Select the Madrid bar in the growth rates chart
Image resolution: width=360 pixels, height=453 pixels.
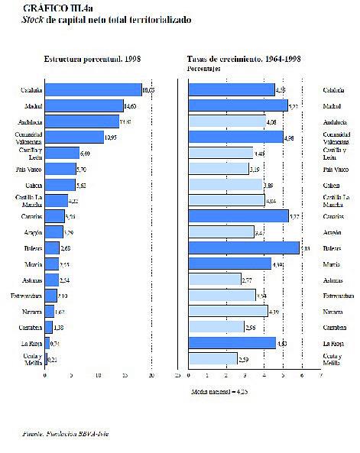[x=238, y=106]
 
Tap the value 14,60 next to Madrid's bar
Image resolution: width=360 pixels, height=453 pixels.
[x=130, y=106]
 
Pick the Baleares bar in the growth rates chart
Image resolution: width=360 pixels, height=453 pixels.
[x=243, y=248]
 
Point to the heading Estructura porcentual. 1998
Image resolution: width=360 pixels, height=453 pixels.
[x=92, y=58]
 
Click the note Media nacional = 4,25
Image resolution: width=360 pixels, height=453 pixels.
[x=219, y=391]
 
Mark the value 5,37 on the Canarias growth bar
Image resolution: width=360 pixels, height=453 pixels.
[x=284, y=216]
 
